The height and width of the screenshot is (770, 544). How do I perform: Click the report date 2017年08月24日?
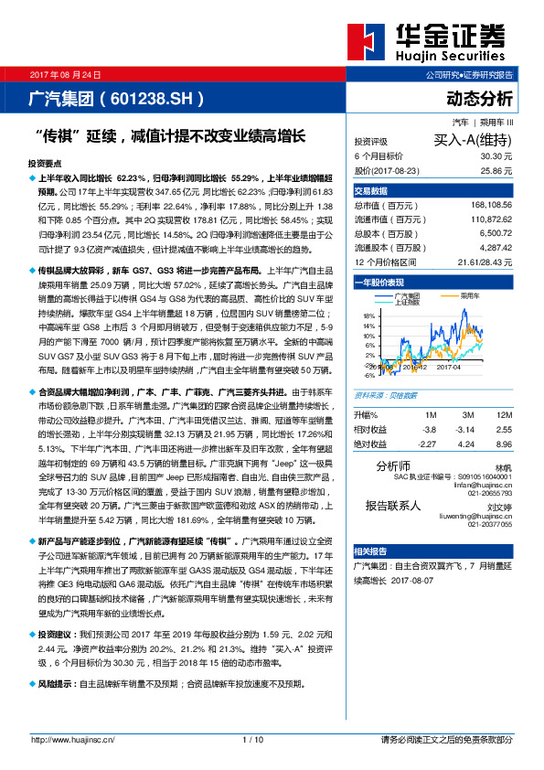67,73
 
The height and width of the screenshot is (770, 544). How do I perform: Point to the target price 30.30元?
496,156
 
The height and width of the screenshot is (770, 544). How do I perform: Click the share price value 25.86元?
496,170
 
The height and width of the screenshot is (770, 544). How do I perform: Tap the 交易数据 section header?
371,191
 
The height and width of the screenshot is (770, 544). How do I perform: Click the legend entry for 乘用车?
471,296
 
